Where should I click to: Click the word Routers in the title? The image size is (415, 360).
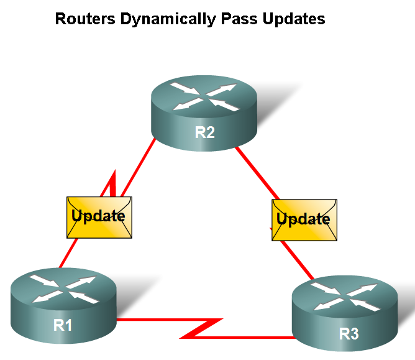[84, 19]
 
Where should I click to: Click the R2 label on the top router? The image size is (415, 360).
[204, 132]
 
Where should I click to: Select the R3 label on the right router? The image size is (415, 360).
[349, 334]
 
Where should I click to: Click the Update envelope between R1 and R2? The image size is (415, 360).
[99, 217]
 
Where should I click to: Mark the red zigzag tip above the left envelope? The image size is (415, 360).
[113, 177]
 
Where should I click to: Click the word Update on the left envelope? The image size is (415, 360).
[99, 216]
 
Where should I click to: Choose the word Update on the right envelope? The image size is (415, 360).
[303, 219]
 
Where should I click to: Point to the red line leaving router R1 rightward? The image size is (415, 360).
[149, 321]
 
